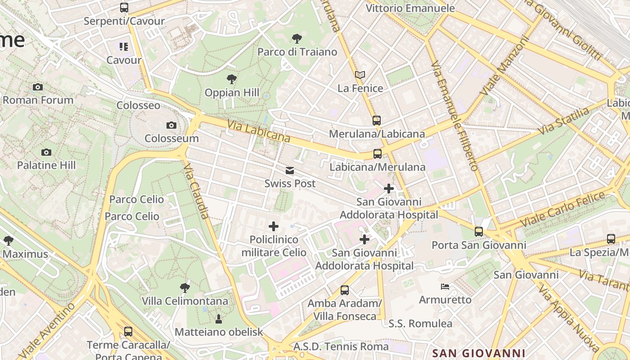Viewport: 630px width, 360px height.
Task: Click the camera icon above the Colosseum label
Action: tap(171, 125)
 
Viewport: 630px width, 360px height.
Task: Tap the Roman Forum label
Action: tap(38, 100)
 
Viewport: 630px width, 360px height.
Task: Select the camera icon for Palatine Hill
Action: tap(46, 152)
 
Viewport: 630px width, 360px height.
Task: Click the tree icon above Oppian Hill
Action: tap(232, 80)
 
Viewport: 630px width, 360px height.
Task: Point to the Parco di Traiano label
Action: tap(297, 52)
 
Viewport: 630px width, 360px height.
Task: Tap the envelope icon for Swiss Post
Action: tap(290, 171)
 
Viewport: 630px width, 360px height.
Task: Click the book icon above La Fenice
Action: tap(360, 75)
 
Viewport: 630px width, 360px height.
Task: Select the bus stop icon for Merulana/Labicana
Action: tap(377, 121)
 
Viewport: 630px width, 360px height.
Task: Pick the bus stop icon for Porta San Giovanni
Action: tap(479, 232)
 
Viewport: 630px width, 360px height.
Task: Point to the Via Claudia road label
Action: tap(197, 191)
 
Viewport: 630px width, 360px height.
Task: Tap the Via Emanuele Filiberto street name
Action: tap(454, 116)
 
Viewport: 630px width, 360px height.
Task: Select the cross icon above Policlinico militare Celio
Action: tap(274, 226)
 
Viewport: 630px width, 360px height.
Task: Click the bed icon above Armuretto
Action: tap(445, 287)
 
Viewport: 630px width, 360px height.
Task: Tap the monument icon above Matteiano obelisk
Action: tap(219, 319)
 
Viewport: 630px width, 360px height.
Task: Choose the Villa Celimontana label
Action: tap(185, 301)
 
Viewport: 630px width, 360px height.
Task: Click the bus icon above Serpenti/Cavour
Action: tap(124, 8)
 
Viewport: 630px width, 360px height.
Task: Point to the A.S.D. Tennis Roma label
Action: tap(341, 346)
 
